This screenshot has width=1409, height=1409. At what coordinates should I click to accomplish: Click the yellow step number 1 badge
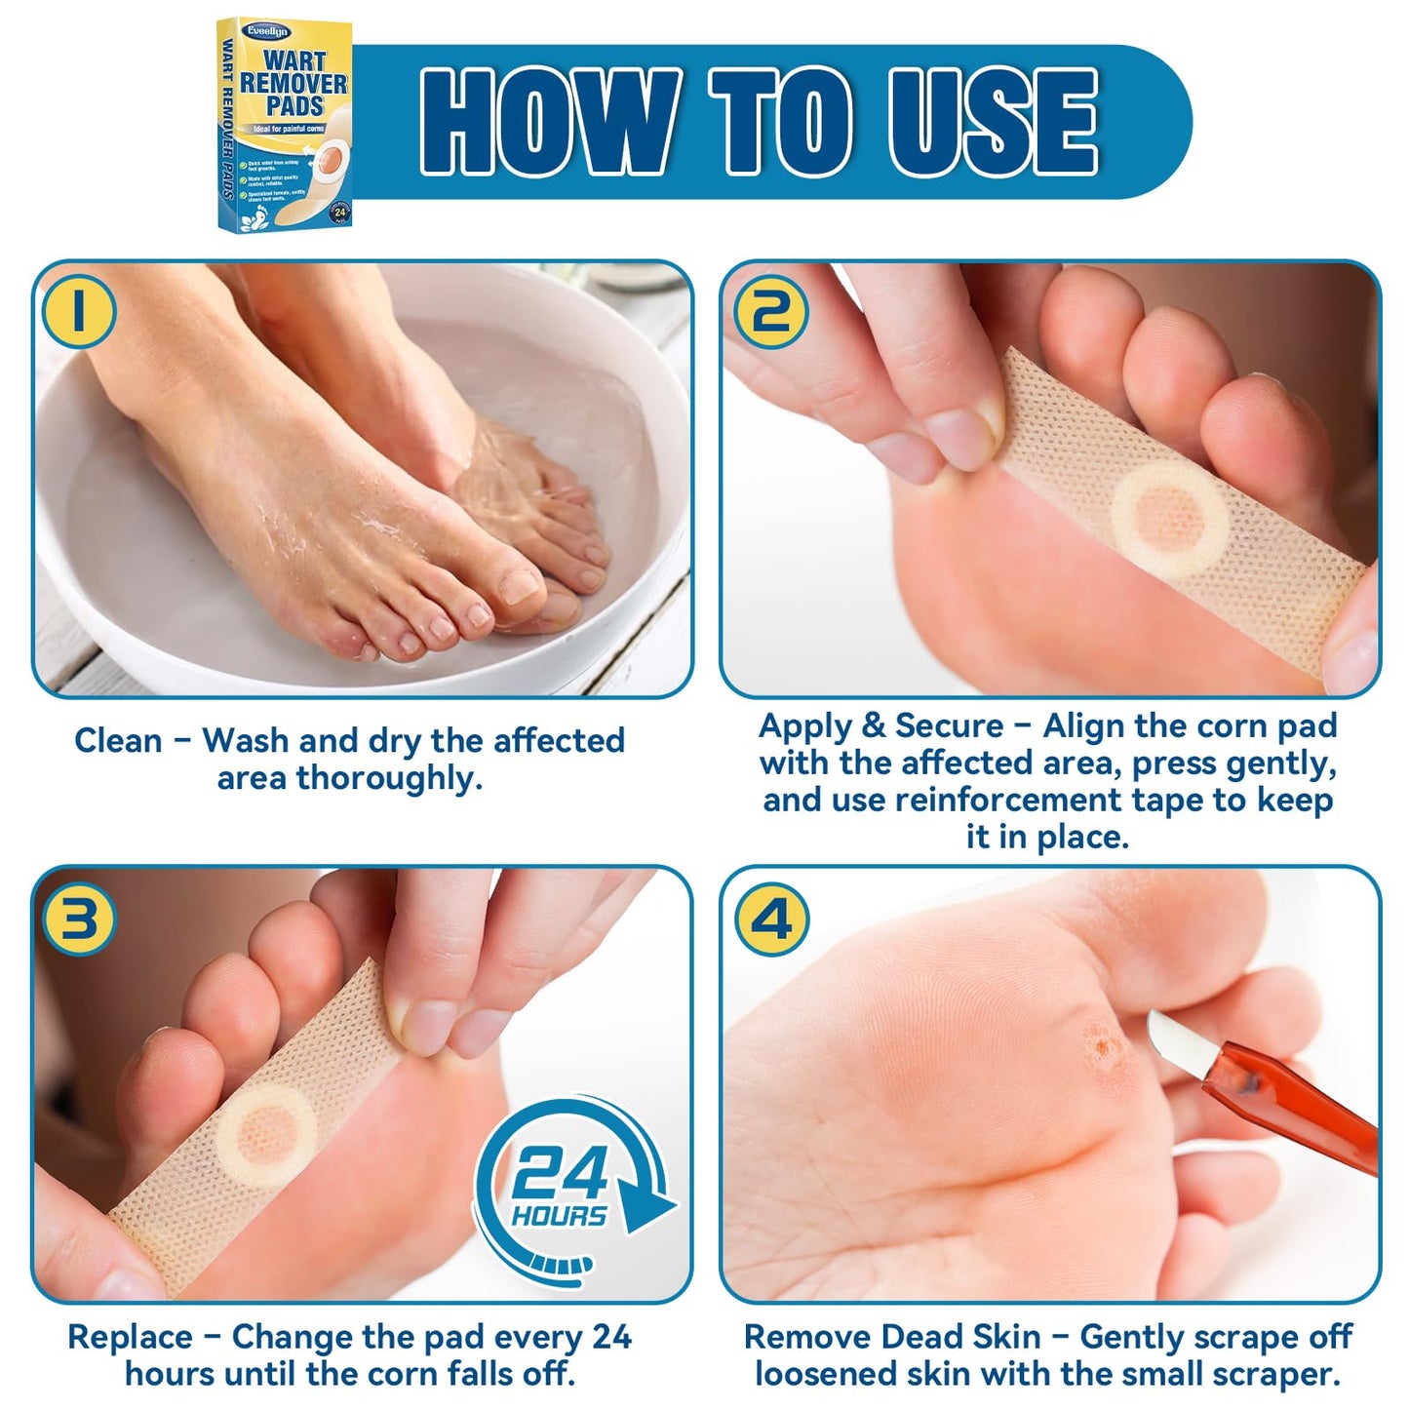point(80,312)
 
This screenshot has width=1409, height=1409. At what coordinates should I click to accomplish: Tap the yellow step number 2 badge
point(770,312)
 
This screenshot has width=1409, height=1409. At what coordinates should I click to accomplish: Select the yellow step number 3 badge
point(80,919)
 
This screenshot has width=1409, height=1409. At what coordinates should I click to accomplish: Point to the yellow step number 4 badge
point(770,919)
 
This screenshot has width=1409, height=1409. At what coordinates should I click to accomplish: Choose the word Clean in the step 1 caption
point(118,741)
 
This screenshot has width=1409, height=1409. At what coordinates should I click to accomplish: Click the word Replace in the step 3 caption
point(130,1337)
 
